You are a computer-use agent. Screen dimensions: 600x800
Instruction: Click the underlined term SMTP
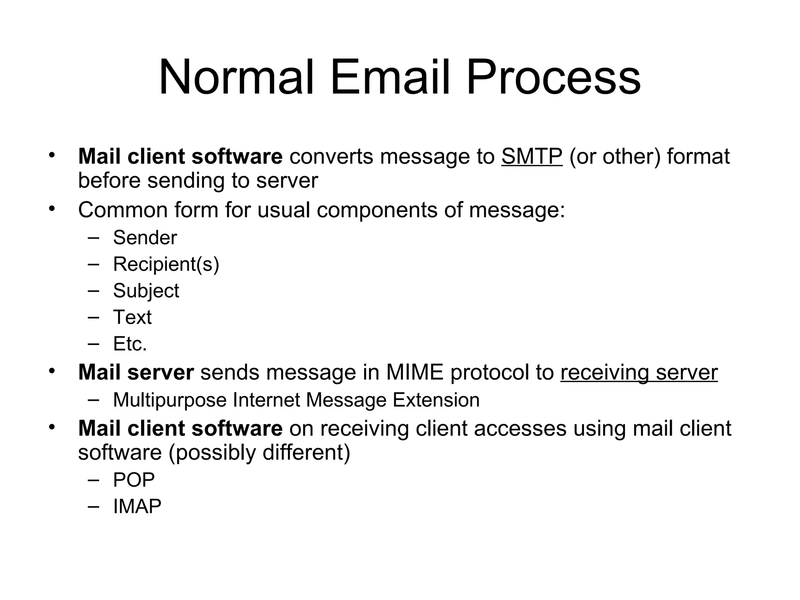tap(532, 157)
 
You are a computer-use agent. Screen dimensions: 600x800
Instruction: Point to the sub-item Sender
tap(145, 237)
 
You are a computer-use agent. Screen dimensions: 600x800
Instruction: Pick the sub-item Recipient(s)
tap(166, 264)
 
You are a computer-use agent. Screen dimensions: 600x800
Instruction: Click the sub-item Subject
tap(146, 291)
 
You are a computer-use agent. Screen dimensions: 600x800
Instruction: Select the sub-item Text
tap(132, 317)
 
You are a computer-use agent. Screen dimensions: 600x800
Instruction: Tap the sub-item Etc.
tap(130, 344)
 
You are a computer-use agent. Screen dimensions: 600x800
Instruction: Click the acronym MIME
tap(415, 372)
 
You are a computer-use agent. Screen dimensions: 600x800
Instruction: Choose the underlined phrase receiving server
tap(639, 372)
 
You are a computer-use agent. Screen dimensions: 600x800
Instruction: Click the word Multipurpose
tap(170, 400)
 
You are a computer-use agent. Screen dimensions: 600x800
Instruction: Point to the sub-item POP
tap(134, 480)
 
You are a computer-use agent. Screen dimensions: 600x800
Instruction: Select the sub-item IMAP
tap(137, 506)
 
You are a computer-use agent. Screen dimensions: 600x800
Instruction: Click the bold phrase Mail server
tap(136, 372)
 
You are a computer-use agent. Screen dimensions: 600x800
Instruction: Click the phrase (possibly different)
tap(259, 452)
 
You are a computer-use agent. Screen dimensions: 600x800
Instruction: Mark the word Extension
tap(436, 400)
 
